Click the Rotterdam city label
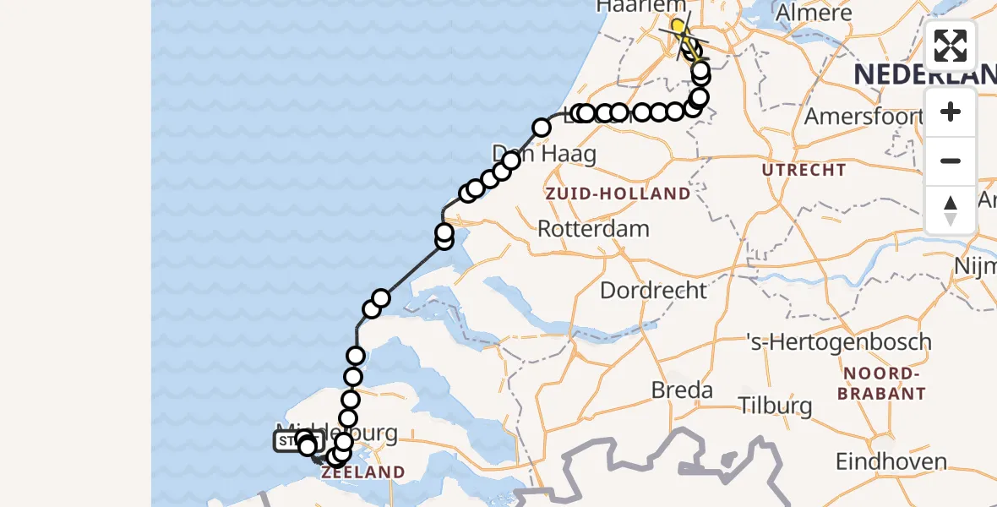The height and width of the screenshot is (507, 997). (593, 228)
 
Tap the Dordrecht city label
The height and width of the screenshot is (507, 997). (653, 291)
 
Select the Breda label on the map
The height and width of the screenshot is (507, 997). (682, 390)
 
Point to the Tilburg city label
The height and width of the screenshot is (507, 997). (776, 406)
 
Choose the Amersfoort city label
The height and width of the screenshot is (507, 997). (861, 116)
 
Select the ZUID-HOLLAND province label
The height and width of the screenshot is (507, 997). (618, 194)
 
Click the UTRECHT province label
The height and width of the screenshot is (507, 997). (804, 170)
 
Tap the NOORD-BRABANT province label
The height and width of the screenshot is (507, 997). (880, 384)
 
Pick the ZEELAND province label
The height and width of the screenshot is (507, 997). (362, 472)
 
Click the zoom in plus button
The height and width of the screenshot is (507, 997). (951, 112)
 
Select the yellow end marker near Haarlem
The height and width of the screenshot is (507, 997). (678, 27)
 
